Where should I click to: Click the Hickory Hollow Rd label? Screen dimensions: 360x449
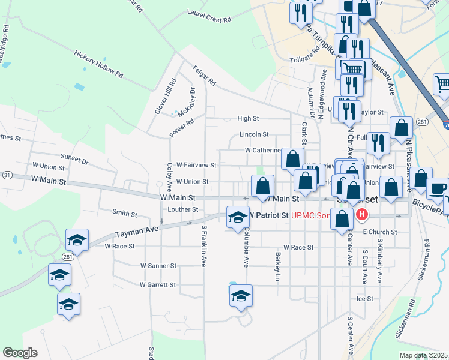(98, 64)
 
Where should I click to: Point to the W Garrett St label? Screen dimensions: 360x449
(158, 285)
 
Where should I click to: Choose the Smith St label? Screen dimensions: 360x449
(125, 212)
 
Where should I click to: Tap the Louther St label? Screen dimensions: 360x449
(183, 209)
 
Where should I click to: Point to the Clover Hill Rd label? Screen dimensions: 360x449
(165, 97)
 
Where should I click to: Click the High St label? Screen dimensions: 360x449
(247, 119)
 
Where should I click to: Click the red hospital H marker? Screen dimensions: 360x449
(361, 215)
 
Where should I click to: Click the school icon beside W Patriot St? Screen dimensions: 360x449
(237, 217)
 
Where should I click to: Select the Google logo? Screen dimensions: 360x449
(20, 353)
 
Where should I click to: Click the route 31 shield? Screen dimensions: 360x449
(7, 175)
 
